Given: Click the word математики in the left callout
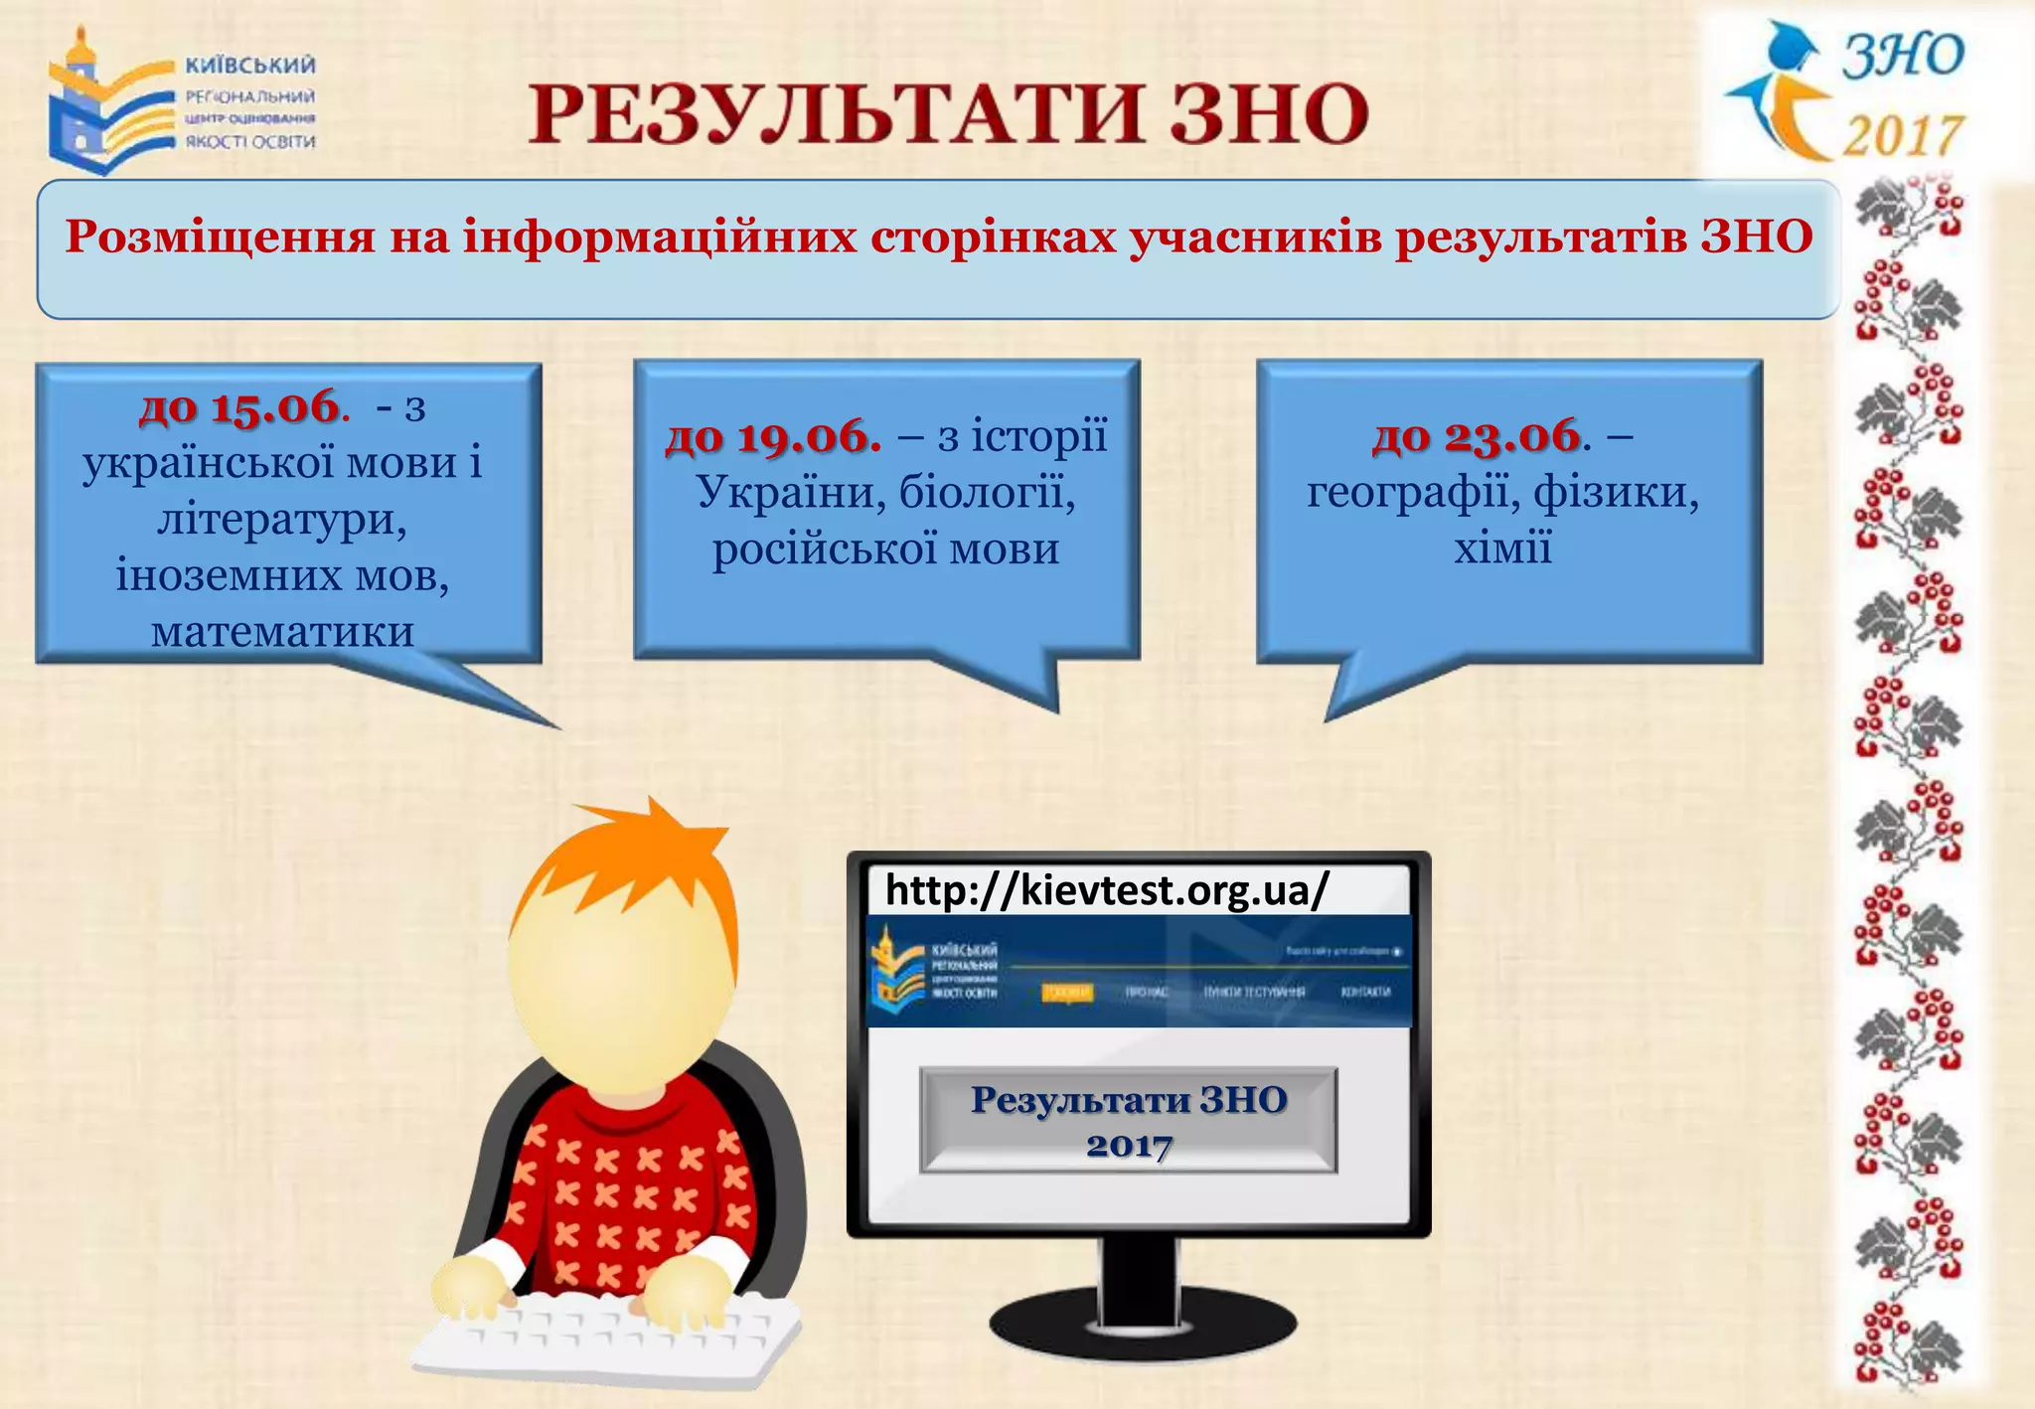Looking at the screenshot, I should pos(283,632).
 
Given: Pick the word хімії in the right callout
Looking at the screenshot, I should pos(1502,548).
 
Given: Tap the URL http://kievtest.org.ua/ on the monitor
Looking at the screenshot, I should pos(1106,890).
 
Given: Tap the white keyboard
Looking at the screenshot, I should pos(606,1336).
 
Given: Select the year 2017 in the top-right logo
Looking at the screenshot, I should pos(1902,135).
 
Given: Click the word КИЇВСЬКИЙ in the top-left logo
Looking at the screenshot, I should pos(250,66).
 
